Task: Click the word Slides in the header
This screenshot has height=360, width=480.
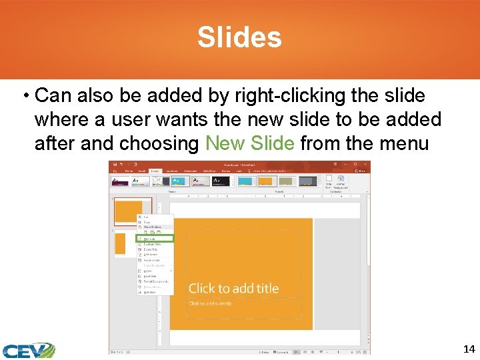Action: (x=239, y=37)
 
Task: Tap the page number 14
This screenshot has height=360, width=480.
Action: (x=468, y=349)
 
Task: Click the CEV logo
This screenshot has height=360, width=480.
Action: (x=27, y=350)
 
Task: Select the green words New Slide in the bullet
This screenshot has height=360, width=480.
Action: (x=250, y=143)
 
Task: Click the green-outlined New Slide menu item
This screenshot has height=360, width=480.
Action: (x=155, y=238)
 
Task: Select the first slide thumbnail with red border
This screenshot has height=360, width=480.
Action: (x=133, y=211)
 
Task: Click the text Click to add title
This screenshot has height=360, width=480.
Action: (x=233, y=289)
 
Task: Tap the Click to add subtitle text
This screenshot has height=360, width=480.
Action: (x=210, y=303)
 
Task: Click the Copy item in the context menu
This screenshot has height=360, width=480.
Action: (x=147, y=222)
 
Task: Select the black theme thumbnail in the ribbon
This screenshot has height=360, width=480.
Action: (x=220, y=181)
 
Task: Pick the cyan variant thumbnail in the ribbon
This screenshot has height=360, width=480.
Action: (x=245, y=181)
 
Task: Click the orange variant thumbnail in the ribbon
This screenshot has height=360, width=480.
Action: (x=266, y=181)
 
